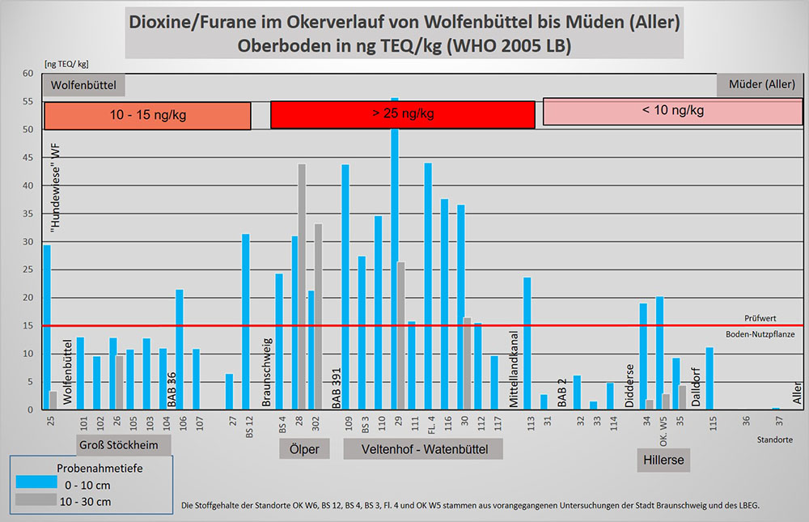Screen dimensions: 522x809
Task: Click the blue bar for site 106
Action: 180,349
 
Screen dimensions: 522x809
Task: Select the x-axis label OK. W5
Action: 663,426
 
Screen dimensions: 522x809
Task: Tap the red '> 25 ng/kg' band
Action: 402,115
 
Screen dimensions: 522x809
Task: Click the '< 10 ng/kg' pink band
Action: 672,112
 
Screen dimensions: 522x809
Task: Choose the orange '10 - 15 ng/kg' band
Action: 147,116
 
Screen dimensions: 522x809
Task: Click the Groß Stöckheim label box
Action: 125,446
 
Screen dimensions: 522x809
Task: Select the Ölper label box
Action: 304,449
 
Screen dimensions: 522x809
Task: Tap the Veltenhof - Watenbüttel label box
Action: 422,449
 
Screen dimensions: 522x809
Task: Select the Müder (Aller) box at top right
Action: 760,85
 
